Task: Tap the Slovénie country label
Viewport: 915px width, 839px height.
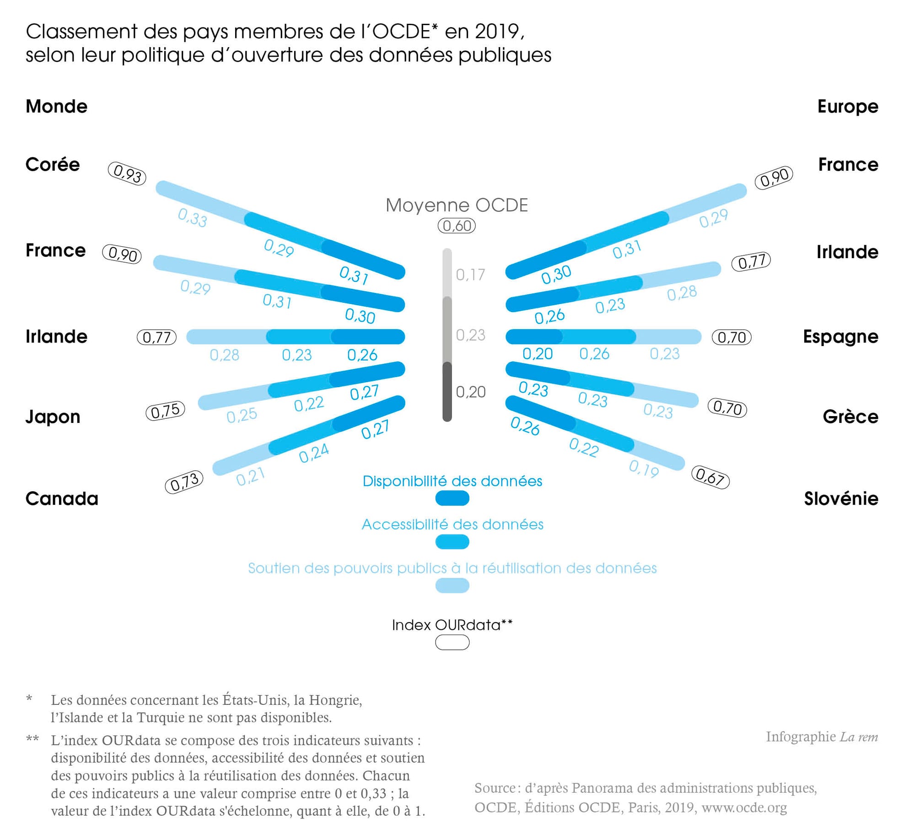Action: pos(841,498)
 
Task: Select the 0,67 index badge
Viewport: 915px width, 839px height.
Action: pos(710,477)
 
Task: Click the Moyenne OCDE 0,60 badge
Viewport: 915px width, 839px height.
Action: pos(457,226)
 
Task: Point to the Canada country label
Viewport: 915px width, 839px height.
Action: pos(62,498)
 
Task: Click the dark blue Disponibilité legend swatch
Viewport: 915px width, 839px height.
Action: pos(452,498)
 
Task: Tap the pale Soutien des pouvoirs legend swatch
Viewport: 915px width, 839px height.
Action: pos(452,585)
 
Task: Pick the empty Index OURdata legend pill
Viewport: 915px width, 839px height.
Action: pos(452,643)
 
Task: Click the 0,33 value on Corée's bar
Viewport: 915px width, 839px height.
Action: pos(193,218)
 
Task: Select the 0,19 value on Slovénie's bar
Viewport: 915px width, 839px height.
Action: pos(644,469)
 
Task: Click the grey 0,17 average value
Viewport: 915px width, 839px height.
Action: pos(470,275)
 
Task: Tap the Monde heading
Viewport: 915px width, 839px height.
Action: pos(56,107)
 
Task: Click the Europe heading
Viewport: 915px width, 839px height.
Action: pos(848,107)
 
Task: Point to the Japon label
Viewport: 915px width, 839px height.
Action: pos(53,417)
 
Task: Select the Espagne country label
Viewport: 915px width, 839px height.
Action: pos(840,337)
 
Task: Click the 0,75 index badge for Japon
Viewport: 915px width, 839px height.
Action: pos(165,411)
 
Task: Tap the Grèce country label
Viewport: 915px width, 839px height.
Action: pos(850,417)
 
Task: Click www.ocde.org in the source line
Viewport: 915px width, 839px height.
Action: pos(744,807)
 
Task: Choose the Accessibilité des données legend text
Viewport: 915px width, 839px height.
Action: pos(452,525)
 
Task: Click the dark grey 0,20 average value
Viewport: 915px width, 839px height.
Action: pos(471,392)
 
